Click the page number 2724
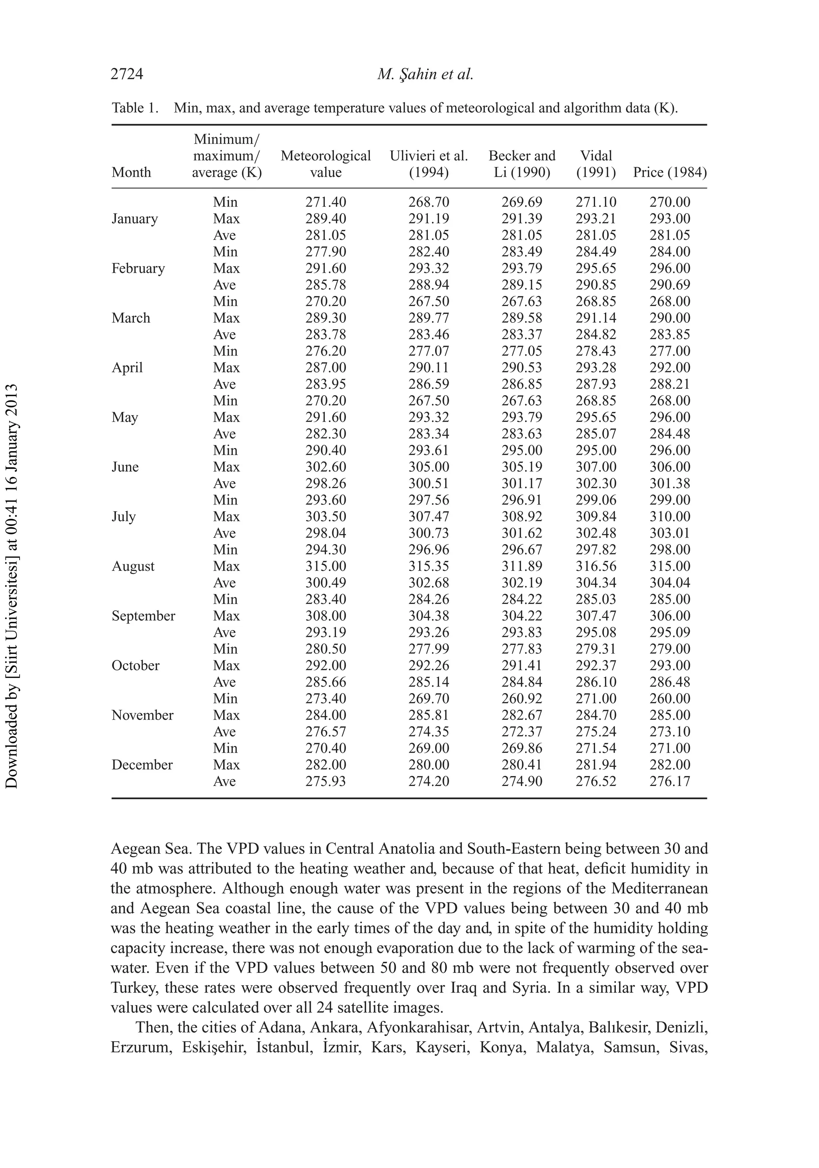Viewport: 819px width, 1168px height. [x=127, y=74]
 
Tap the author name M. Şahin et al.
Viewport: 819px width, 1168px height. [x=425, y=74]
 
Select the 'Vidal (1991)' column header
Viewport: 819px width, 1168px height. [x=596, y=164]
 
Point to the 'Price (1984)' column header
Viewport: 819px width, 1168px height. [x=669, y=172]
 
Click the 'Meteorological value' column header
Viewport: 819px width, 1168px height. [x=326, y=164]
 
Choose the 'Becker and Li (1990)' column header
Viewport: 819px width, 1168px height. [x=522, y=164]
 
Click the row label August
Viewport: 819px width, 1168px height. [x=133, y=566]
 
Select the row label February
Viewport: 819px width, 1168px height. [x=138, y=268]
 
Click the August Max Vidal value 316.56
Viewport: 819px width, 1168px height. [x=596, y=566]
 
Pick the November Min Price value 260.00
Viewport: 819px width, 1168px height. [x=669, y=698]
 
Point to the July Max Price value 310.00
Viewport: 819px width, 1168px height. [x=669, y=517]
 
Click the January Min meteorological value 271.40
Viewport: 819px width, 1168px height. [x=326, y=202]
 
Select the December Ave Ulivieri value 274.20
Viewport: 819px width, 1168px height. [x=429, y=781]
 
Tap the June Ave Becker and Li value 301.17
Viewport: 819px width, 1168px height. [x=522, y=484]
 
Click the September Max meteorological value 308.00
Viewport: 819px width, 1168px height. [x=326, y=616]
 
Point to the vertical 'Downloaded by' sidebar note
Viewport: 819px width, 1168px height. [x=11, y=585]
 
